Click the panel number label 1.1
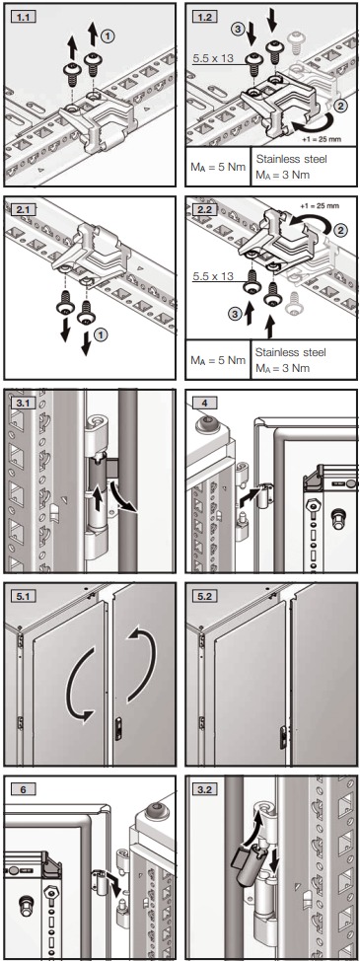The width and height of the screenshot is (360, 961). (22, 14)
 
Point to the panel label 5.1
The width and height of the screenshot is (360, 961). (22, 596)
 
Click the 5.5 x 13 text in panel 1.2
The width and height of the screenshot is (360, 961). (217, 58)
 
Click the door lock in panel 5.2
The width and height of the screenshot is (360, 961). (283, 734)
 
